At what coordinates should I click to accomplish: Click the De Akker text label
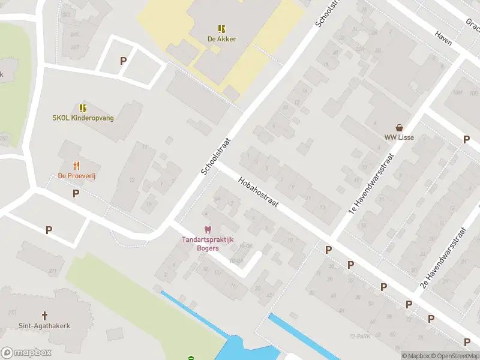[221, 39]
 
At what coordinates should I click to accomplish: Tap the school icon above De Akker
[221, 28]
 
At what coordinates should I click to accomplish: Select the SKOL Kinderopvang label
[83, 118]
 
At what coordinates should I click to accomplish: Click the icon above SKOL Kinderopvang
[83, 108]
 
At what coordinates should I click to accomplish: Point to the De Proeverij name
[77, 176]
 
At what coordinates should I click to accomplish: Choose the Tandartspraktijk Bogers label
[208, 244]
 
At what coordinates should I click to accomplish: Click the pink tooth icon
[208, 230]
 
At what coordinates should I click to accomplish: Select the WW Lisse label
[399, 137]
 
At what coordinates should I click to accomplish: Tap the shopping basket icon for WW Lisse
[399, 127]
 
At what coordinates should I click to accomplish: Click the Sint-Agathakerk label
[44, 326]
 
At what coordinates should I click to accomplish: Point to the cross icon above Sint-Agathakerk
[44, 315]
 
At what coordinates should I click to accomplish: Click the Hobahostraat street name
[258, 192]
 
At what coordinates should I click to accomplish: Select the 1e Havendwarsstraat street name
[371, 184]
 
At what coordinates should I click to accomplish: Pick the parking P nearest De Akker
[124, 61]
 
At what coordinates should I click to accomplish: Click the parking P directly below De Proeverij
[76, 193]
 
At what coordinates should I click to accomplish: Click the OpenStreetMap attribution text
[455, 356]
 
